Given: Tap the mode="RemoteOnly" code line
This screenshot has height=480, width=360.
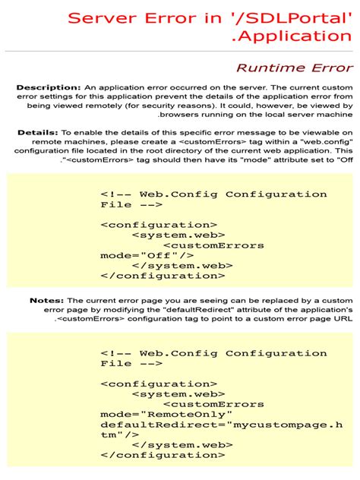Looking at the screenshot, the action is [163, 414].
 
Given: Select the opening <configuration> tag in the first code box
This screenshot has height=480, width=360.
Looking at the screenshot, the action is [158, 225].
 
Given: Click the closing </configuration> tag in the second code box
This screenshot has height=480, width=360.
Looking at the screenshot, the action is [158, 455].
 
